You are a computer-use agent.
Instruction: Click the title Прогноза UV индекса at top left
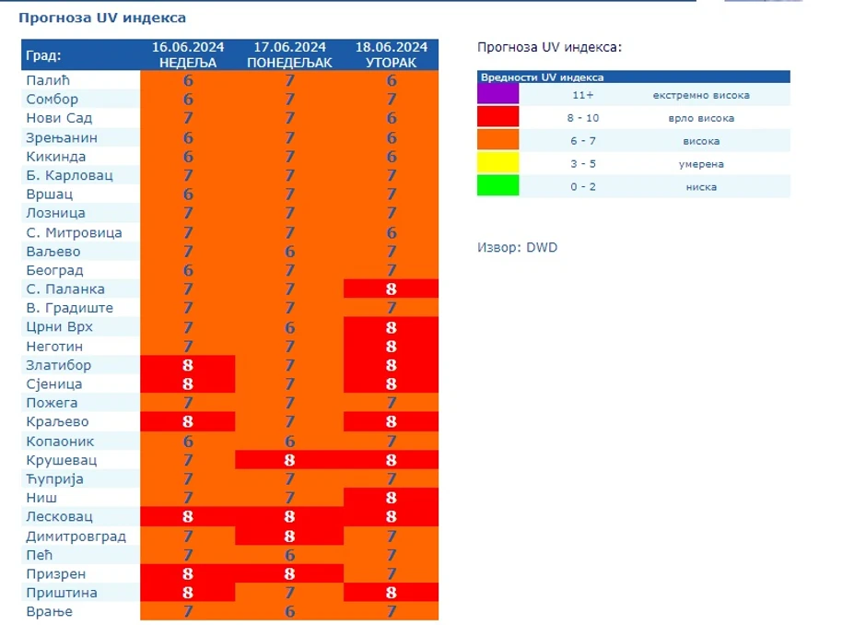pos(102,18)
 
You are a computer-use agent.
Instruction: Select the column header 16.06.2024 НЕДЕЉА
pos(188,55)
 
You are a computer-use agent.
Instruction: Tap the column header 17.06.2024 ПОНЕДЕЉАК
pos(290,55)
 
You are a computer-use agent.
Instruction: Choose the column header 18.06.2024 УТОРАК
pos(392,55)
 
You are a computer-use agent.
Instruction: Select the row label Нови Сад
pos(60,118)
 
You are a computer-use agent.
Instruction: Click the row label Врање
pos(50,611)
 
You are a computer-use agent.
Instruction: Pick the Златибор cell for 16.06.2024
pos(188,365)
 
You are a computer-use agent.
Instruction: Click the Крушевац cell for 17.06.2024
pos(290,460)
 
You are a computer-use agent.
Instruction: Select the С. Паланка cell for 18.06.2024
pos(392,289)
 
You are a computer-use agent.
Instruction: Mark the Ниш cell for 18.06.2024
pos(392,498)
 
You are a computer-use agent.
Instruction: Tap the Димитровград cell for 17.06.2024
pos(290,536)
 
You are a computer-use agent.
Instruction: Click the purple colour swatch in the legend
pos(497,94)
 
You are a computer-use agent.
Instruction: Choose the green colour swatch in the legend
pos(497,186)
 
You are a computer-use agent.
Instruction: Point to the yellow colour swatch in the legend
pos(497,163)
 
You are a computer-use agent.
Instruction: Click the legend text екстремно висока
pos(700,95)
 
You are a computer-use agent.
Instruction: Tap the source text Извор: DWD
pos(517,247)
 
